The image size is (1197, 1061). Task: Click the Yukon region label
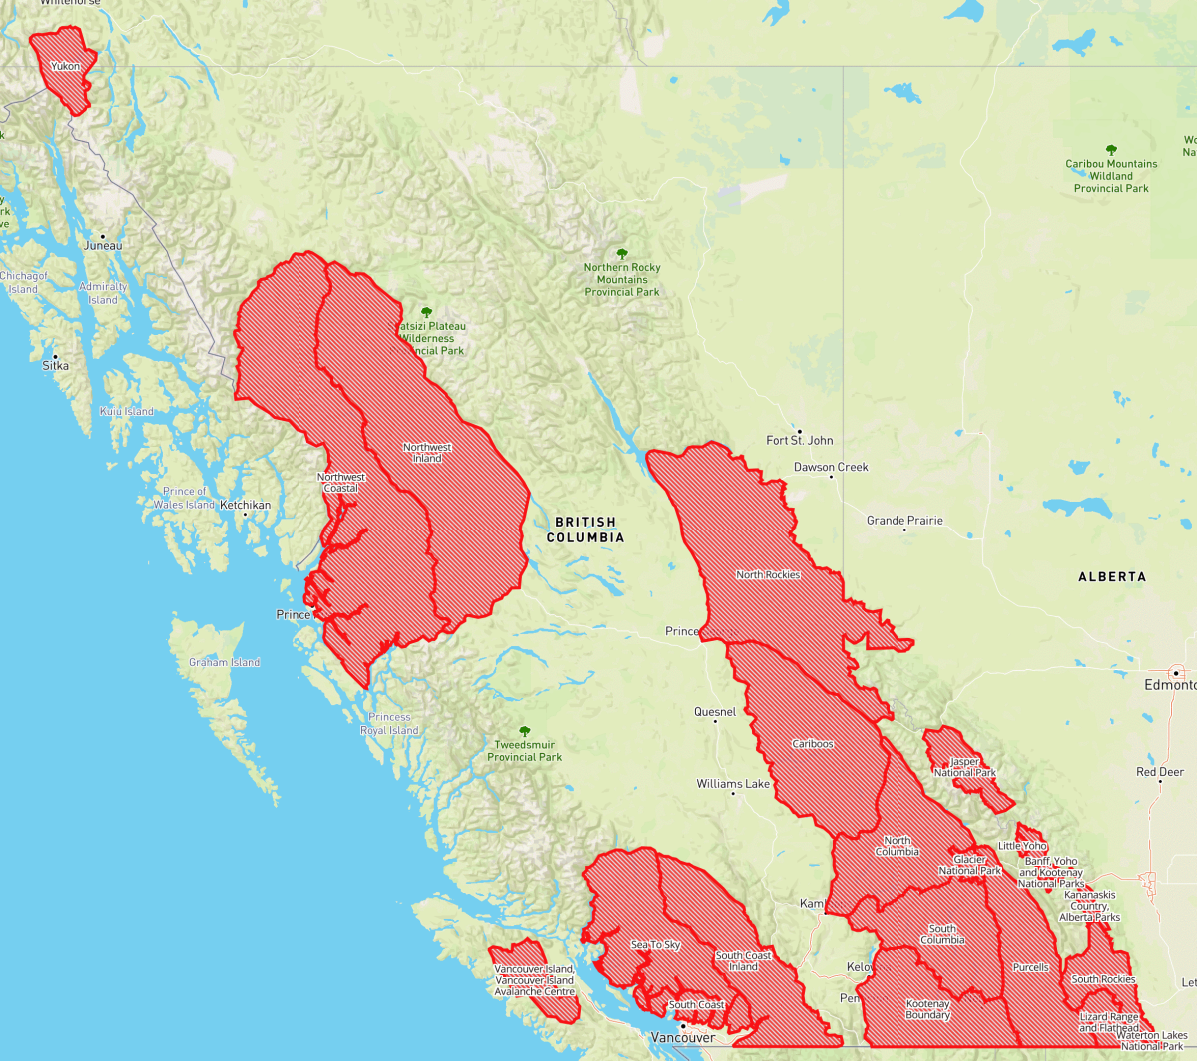66,67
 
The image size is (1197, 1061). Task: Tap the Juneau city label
103,246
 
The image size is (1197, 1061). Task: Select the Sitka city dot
55,356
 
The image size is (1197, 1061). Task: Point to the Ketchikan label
245,505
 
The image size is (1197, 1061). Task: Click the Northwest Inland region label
427,453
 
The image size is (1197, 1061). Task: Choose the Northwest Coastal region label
341,483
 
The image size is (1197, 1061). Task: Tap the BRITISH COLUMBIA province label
585,530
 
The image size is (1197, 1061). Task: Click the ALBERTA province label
1112,577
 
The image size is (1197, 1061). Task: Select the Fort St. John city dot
799,431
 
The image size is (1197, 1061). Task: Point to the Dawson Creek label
831,467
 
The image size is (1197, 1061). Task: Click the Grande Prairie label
904,521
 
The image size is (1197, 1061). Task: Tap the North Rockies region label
768,575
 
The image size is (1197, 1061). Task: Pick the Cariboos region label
813,744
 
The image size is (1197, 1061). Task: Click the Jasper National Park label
965,767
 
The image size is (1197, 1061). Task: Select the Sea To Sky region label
655,945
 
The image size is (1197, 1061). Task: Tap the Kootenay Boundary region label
927,1009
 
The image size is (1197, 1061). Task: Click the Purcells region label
1030,967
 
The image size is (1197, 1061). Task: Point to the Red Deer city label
1160,772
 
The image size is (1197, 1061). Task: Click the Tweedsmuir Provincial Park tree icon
525,732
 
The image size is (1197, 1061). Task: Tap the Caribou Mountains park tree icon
1111,150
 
